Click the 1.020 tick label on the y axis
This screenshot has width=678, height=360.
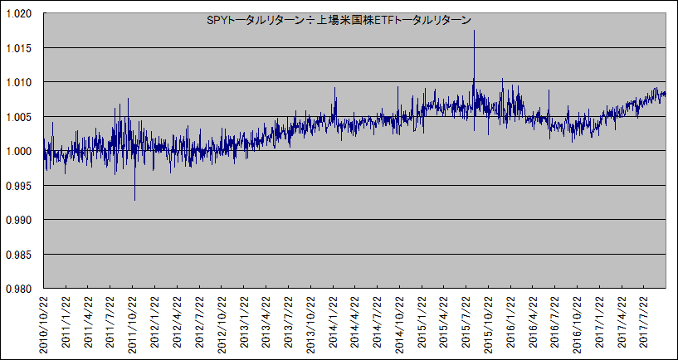click(20, 13)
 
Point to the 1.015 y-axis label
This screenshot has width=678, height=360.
click(20, 47)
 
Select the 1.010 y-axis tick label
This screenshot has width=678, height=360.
click(20, 82)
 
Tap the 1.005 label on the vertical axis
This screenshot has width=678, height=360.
click(20, 116)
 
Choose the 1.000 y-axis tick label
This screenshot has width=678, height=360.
click(20, 151)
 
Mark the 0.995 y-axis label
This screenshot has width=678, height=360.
click(20, 185)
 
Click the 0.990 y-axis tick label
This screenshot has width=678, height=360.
click(20, 220)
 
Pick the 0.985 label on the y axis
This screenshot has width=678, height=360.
click(20, 254)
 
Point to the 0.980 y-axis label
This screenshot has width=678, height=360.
click(20, 289)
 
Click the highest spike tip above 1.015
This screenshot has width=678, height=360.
click(474, 31)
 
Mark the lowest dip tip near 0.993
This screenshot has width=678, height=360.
click(134, 200)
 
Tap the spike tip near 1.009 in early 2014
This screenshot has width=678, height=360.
click(335, 88)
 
